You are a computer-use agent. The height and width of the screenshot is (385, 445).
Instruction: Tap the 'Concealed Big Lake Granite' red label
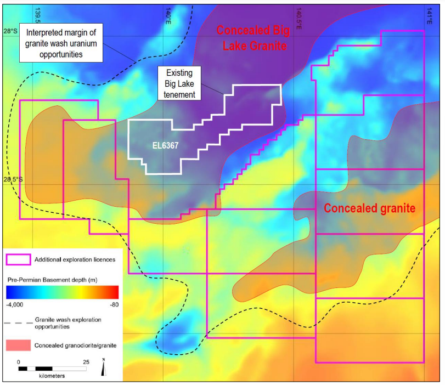tap(255, 38)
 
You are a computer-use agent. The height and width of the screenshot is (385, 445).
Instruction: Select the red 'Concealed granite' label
tap(369, 208)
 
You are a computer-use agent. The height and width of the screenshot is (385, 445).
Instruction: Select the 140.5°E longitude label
tap(298, 19)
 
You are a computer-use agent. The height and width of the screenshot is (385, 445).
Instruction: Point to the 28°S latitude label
tap(10, 31)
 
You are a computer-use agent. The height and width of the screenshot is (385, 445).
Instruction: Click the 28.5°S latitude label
tap(12, 180)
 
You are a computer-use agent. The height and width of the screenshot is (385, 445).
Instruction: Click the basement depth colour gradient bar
tap(63, 291)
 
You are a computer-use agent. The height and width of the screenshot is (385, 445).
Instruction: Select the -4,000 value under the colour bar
tap(17, 303)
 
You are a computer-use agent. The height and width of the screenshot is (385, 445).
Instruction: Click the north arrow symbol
tap(104, 367)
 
